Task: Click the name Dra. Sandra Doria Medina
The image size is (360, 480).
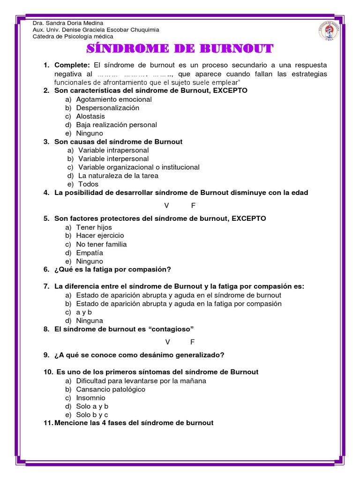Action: point(67,23)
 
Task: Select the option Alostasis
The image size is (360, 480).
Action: point(90,116)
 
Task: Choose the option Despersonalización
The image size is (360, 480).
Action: point(108,108)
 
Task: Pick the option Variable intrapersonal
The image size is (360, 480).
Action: point(113,150)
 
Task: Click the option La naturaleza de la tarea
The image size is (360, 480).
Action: point(118,176)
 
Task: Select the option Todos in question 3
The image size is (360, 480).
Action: point(88,184)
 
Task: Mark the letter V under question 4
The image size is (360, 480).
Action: point(166,205)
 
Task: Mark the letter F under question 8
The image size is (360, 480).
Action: point(193,342)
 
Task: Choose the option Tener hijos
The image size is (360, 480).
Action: point(94,227)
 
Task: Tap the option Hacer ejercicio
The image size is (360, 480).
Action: point(100,236)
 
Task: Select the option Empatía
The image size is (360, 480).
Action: point(90,253)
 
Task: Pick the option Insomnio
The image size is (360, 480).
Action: point(90,398)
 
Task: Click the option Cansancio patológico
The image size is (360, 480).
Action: point(111,390)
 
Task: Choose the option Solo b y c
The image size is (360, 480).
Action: point(92,415)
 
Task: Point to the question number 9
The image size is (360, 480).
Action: point(46,355)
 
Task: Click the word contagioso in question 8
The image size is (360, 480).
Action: point(171,329)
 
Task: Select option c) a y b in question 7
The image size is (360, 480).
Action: point(83,312)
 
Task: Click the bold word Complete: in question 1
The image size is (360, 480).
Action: point(72,65)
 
